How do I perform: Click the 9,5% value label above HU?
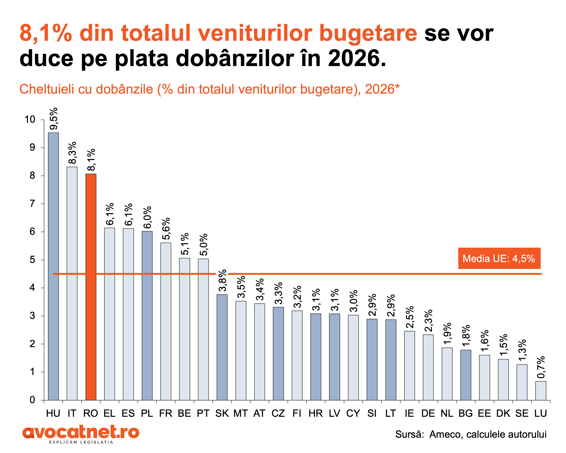coord(54,119)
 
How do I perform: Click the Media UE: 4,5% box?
coord(499,258)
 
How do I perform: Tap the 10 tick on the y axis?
coord(30,119)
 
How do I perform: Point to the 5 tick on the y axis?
coord(32,260)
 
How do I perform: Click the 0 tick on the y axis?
coord(32,400)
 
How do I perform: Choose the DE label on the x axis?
coord(428,414)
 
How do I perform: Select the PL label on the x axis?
coord(147,414)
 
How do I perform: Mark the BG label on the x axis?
coord(465,414)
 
